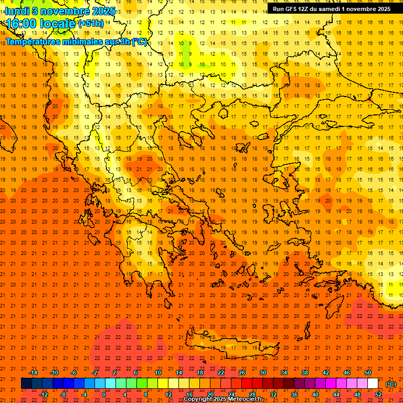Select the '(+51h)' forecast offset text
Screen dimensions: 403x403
pyautogui.click(x=91, y=24)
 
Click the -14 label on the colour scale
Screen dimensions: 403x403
pyautogui.click(x=33, y=373)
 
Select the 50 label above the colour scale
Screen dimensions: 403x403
pyautogui.click(x=368, y=373)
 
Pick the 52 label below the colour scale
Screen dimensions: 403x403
pyautogui.click(x=378, y=395)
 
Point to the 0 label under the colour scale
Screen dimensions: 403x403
pyautogui.click(x=104, y=395)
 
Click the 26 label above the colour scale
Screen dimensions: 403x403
pyautogui.click(x=242, y=373)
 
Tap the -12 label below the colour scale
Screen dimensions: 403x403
pyautogui.click(x=44, y=395)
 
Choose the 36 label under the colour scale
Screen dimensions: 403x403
pyautogui.click(x=294, y=395)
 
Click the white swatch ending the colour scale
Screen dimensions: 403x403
pyautogui.click(x=373, y=384)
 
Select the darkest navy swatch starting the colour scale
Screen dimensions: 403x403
pyautogui.click(x=26, y=384)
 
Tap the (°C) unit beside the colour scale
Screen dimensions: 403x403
pyautogui.click(x=391, y=384)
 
